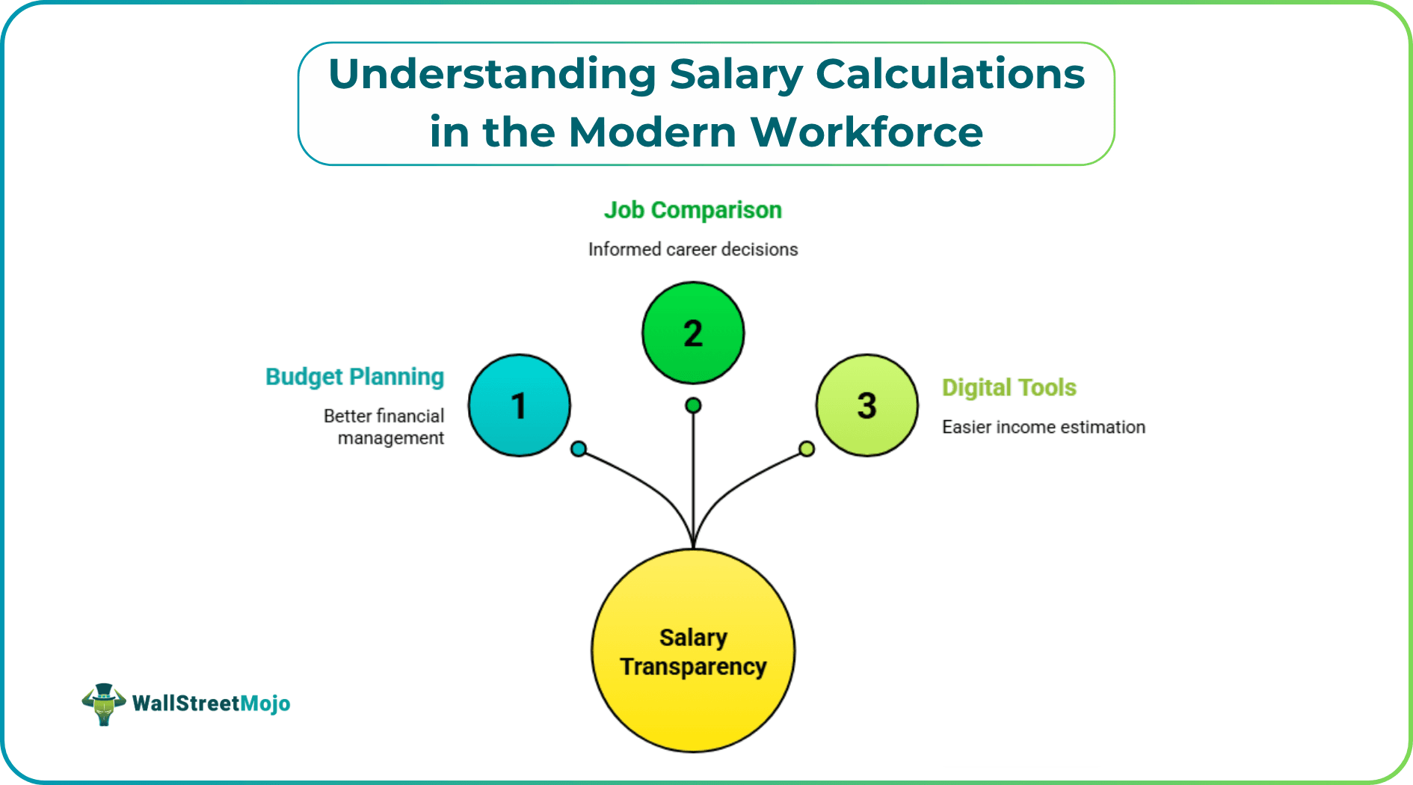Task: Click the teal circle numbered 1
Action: point(519,405)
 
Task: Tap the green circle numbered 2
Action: point(693,333)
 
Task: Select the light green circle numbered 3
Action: point(866,405)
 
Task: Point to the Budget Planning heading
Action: point(354,377)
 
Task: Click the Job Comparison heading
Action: point(693,210)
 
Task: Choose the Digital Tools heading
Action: point(1009,387)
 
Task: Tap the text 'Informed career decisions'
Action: point(693,249)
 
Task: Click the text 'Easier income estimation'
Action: point(1043,427)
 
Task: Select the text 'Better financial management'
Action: point(384,427)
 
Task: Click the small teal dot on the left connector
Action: point(579,449)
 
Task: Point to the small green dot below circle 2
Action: point(693,405)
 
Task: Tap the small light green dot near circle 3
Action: point(807,449)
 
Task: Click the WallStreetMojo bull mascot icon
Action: point(103,704)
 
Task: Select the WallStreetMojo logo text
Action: point(211,704)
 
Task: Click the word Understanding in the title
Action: point(492,75)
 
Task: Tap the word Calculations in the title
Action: point(950,75)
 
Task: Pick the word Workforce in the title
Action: point(866,132)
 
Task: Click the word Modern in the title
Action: point(652,132)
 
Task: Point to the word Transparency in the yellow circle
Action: point(693,666)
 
